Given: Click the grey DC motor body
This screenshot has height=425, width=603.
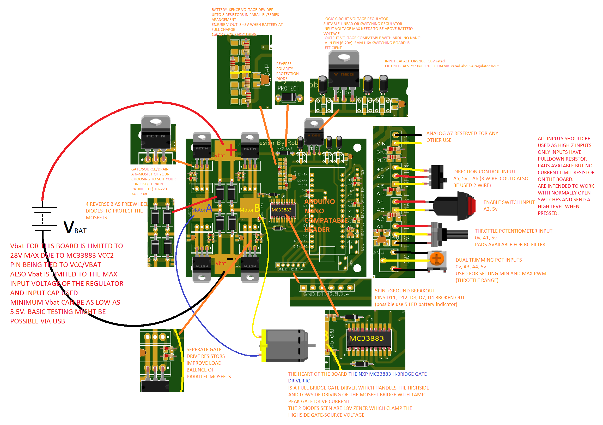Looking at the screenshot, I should [x=285, y=345].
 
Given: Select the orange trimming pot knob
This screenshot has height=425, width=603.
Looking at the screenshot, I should [x=436, y=258].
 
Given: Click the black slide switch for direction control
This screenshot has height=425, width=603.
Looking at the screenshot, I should [x=437, y=177].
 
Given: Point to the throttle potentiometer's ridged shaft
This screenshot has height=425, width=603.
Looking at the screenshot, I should [x=457, y=234].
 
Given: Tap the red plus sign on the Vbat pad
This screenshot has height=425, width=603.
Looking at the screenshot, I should [x=231, y=150].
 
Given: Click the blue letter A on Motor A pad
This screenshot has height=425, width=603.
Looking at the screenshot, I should [x=209, y=208].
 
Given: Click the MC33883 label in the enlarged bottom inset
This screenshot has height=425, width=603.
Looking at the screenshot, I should [x=366, y=339].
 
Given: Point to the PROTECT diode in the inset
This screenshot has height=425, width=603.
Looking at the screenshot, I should [x=289, y=97].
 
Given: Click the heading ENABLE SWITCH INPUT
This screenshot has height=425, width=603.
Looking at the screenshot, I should [x=509, y=202].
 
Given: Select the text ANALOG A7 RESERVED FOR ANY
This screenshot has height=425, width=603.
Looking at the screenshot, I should [x=462, y=133].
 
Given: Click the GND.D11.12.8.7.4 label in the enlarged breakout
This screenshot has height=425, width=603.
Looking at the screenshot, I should [x=326, y=294].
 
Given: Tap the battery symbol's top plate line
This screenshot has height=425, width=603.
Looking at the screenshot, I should [x=44, y=207].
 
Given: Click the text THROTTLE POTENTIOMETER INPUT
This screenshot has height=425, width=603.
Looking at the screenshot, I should [x=513, y=231].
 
